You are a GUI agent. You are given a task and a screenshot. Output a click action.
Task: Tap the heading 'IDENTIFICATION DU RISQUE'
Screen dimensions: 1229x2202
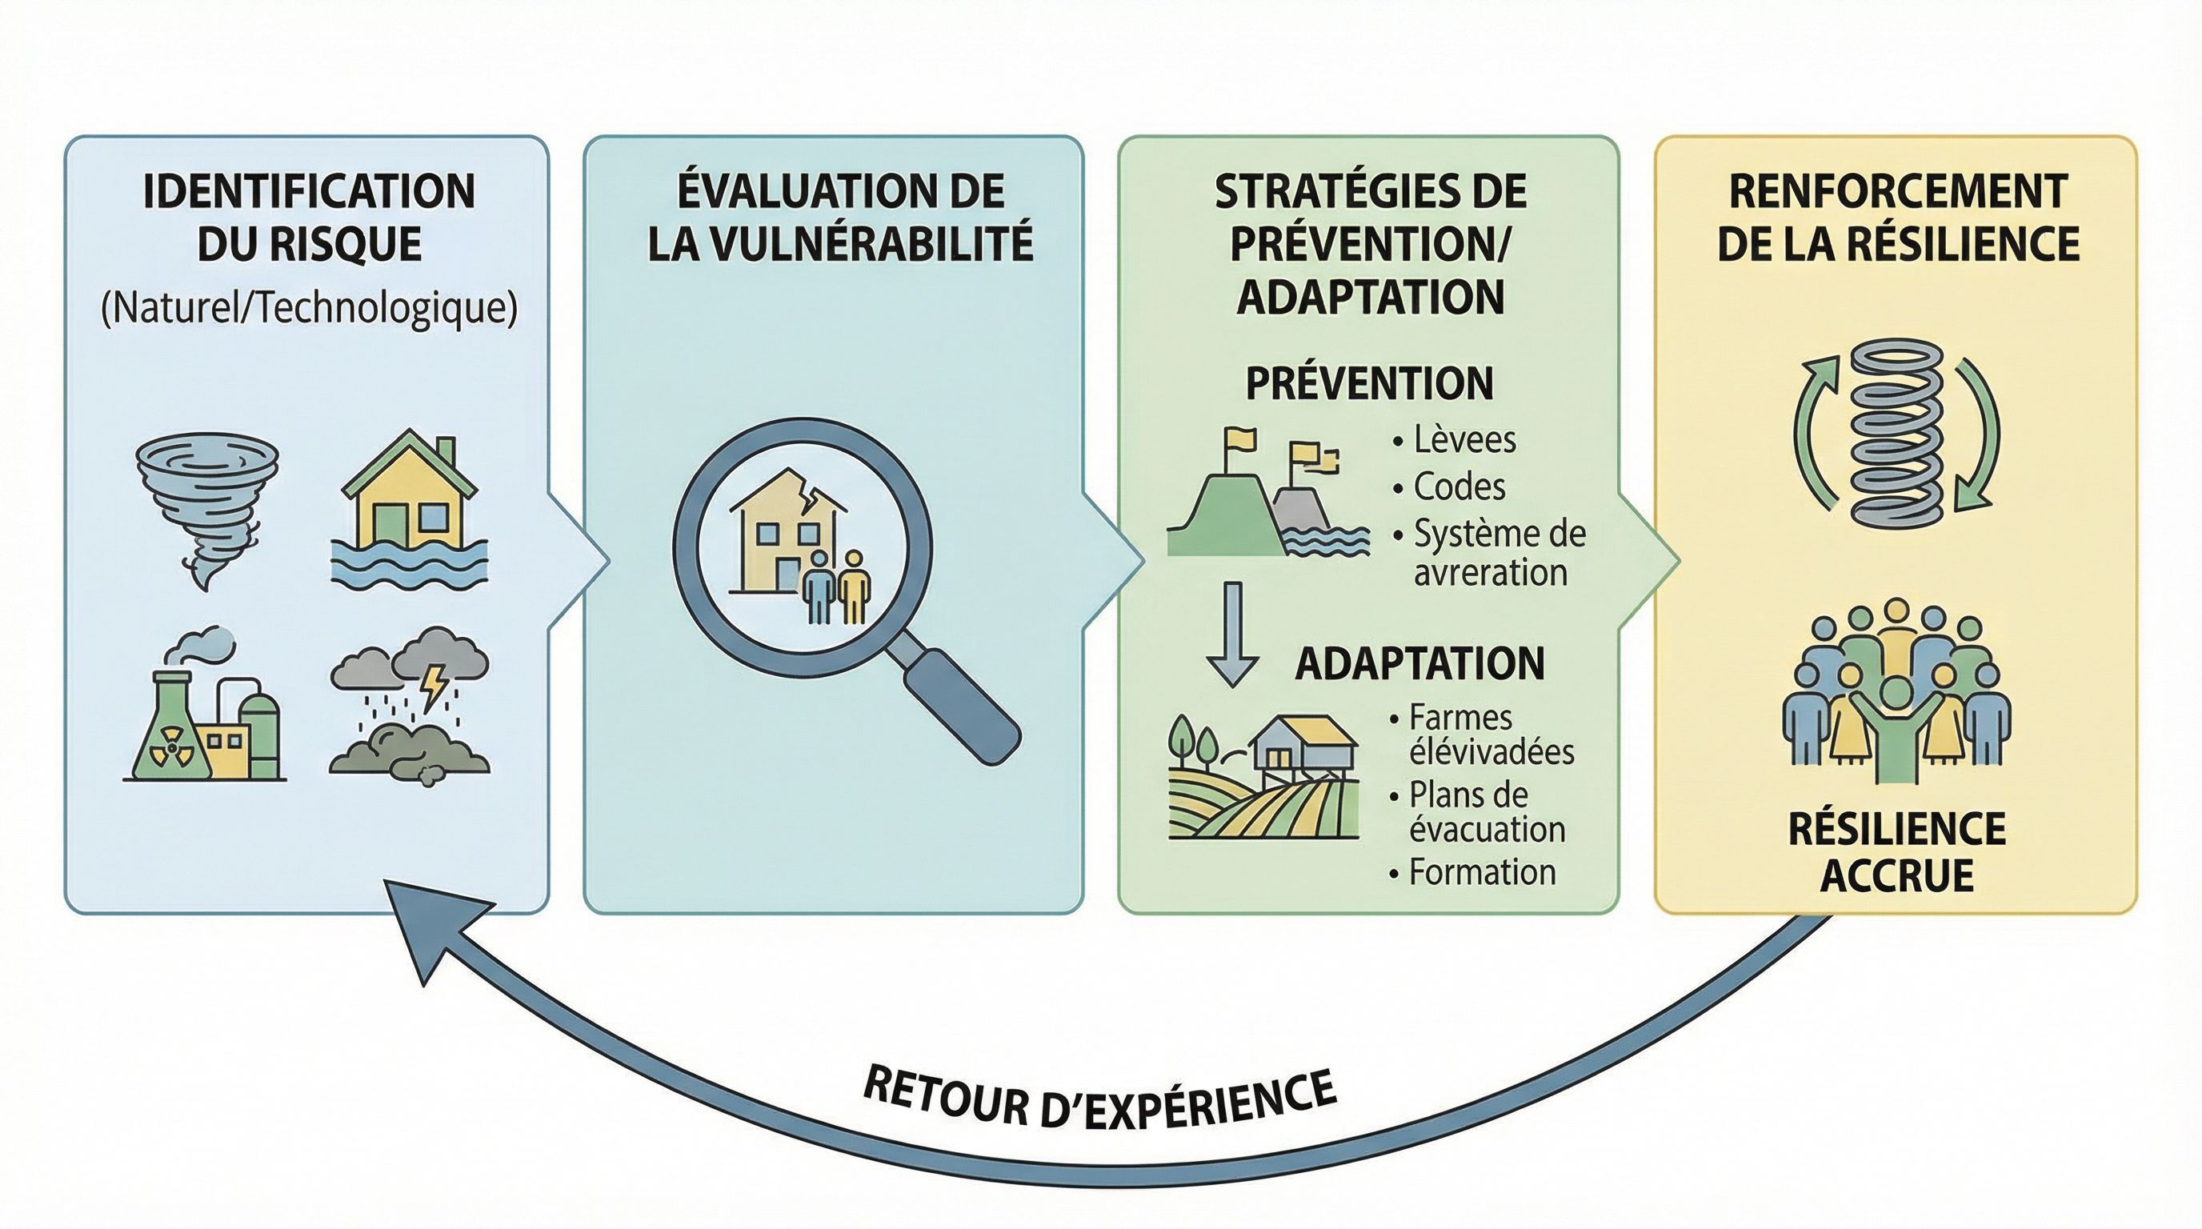tap(309, 217)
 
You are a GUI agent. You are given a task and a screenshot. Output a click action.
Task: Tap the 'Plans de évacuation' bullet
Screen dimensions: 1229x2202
tap(1486, 812)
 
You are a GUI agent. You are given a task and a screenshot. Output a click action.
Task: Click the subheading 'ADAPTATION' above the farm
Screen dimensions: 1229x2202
tap(1419, 664)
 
